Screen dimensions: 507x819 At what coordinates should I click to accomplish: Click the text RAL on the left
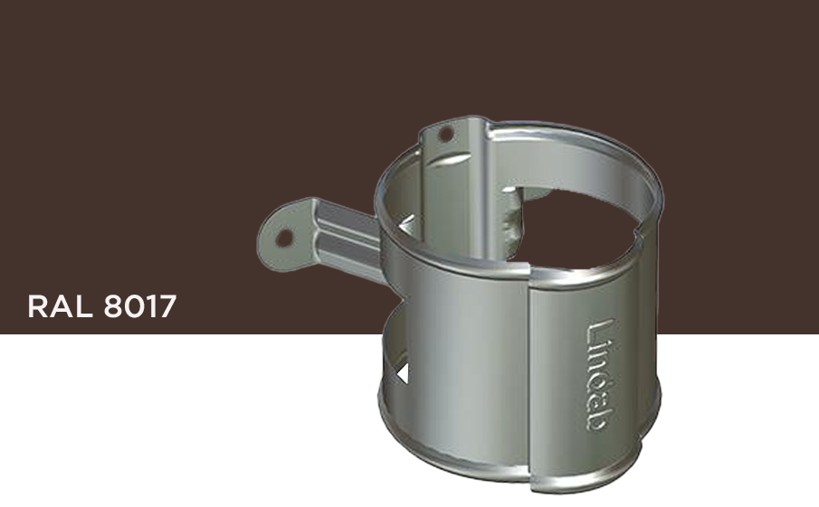pyautogui.click(x=61, y=307)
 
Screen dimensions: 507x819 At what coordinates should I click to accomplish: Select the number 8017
pyautogui.click(x=139, y=307)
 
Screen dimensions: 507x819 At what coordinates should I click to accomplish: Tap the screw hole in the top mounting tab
pyautogui.click(x=444, y=134)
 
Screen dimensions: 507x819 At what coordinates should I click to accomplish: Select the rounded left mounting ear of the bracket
pyautogui.click(x=281, y=237)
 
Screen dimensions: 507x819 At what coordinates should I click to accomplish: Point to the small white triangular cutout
pyautogui.click(x=403, y=371)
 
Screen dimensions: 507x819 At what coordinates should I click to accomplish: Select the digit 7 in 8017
pyautogui.click(x=167, y=307)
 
